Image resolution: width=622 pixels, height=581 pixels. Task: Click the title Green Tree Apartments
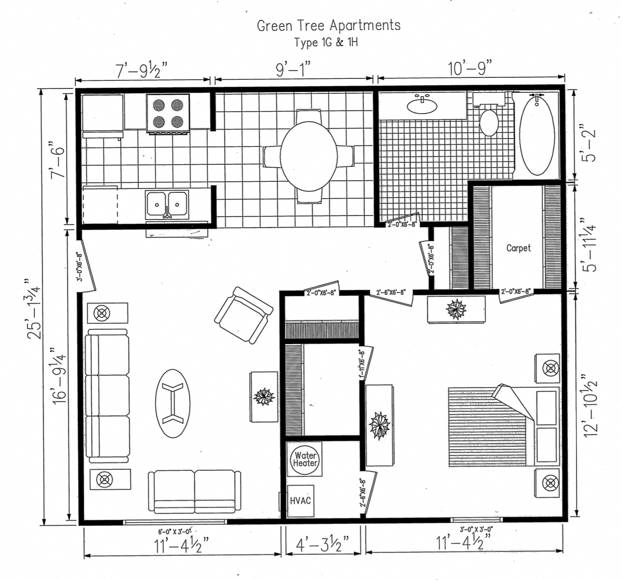tap(329, 25)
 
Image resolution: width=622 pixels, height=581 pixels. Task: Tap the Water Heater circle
tap(305, 459)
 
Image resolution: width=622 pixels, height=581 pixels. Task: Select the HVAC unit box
tap(300, 500)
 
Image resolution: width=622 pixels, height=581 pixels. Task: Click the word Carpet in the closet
tap(518, 248)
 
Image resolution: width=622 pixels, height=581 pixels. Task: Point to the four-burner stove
tap(168, 113)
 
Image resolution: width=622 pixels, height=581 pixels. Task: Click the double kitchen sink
tap(167, 205)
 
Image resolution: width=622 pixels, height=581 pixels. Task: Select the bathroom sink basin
tap(422, 105)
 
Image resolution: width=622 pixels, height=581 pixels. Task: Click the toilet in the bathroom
tap(489, 122)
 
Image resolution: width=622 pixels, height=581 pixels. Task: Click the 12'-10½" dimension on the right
tap(591, 405)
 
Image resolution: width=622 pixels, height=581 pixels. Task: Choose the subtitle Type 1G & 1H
tap(326, 43)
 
